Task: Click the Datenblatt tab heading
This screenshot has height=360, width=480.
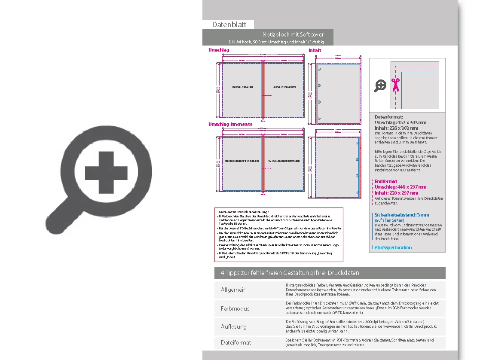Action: (x=229, y=24)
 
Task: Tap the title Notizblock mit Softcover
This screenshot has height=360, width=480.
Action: (x=293, y=34)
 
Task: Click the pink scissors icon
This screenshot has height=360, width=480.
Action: (x=395, y=85)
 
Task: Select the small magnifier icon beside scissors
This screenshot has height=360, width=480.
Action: (x=380, y=86)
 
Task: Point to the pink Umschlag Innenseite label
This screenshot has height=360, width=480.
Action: (x=230, y=125)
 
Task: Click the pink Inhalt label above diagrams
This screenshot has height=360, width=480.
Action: (x=315, y=50)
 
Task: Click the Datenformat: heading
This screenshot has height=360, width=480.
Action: (x=389, y=117)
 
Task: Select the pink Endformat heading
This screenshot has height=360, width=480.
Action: (x=386, y=181)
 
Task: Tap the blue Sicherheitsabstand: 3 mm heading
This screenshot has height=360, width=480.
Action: (x=402, y=215)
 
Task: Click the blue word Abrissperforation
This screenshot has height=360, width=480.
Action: (x=393, y=247)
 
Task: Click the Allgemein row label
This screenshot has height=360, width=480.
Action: (x=234, y=290)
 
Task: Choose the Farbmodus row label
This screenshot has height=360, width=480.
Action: (x=235, y=308)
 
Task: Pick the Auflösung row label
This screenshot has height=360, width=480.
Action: (x=234, y=326)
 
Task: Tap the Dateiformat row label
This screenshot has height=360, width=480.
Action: (x=236, y=342)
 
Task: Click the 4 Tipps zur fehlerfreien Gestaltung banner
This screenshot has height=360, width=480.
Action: (x=290, y=273)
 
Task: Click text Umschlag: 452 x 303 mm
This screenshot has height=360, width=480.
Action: (x=401, y=122)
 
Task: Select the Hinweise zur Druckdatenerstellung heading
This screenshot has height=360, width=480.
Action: (x=243, y=212)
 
